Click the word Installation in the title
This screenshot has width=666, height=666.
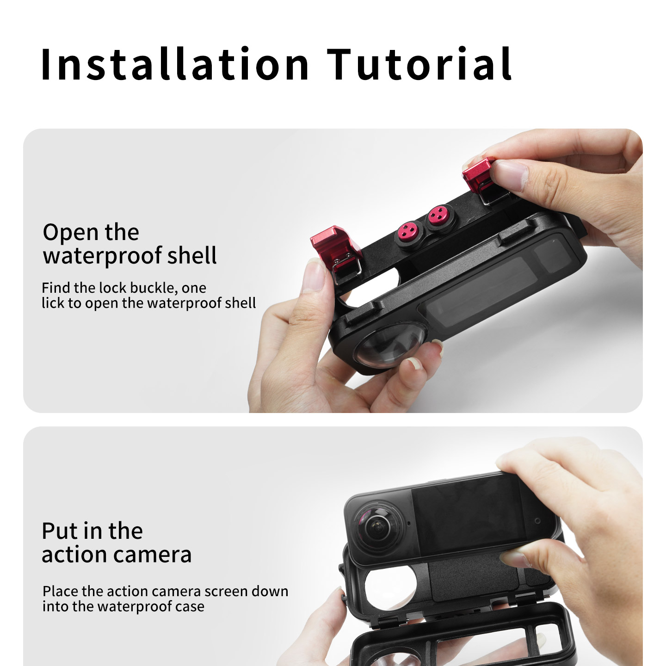[x=174, y=64]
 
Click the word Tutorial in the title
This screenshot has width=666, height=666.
[x=419, y=64]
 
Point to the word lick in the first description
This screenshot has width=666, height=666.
[x=53, y=303]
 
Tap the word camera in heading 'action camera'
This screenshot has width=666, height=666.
[x=153, y=555]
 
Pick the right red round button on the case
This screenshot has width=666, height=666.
[x=438, y=216]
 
